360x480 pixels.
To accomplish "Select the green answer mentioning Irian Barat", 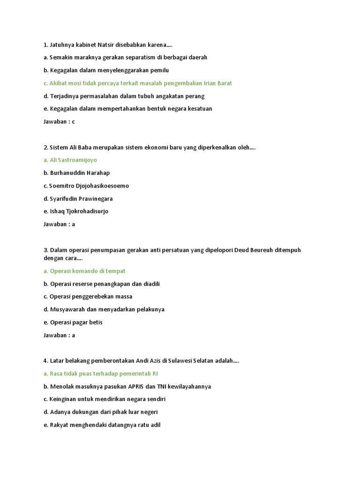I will (138, 83).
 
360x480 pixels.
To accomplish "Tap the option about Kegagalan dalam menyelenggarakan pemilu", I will (106, 70).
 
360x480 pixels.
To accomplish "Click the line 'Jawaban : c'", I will (59, 121).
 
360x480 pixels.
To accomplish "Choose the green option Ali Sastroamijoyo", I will (70, 160).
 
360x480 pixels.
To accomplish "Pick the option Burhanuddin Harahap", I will (76, 173).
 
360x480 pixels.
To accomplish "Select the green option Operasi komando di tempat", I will (84, 271).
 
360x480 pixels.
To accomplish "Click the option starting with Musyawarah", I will (104, 309).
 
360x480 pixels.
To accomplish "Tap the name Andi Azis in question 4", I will (149, 361).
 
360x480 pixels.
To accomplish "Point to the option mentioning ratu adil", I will (102, 425).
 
